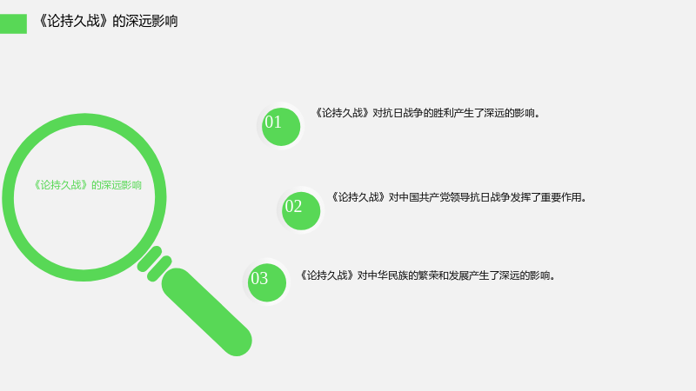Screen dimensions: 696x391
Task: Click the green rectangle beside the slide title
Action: (x=13, y=23)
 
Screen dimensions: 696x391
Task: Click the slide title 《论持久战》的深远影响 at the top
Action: (x=107, y=21)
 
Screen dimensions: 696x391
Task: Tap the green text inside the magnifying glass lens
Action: (x=88, y=185)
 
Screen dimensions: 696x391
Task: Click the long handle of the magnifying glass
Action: (x=207, y=312)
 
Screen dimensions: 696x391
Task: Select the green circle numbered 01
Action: (x=281, y=127)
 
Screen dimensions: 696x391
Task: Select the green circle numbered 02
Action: (x=301, y=211)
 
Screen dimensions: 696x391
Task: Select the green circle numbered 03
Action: (x=267, y=283)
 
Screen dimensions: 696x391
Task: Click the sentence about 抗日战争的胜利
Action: (x=427, y=113)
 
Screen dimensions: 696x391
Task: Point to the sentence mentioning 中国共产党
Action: (x=459, y=197)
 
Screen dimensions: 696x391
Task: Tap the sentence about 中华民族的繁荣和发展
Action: (x=427, y=275)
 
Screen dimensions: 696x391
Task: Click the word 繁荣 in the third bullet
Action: (x=428, y=275)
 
